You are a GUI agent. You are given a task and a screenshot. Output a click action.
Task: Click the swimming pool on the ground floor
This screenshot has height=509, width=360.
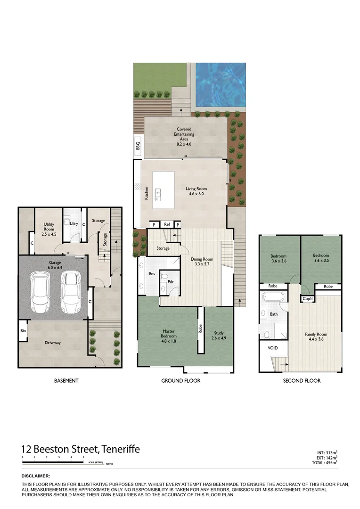[220, 85]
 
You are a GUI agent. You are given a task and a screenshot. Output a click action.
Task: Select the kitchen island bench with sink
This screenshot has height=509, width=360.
[163, 187]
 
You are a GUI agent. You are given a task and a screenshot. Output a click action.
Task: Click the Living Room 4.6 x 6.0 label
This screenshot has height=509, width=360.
[196, 191]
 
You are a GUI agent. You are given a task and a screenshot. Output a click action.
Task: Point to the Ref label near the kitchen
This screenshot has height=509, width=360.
[167, 224]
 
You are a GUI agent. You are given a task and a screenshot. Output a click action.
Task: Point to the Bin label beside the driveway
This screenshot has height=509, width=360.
[23, 331]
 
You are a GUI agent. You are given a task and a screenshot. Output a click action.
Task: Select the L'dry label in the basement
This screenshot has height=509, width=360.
[74, 223]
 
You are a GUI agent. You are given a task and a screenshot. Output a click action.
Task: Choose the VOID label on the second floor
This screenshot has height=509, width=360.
[273, 348]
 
